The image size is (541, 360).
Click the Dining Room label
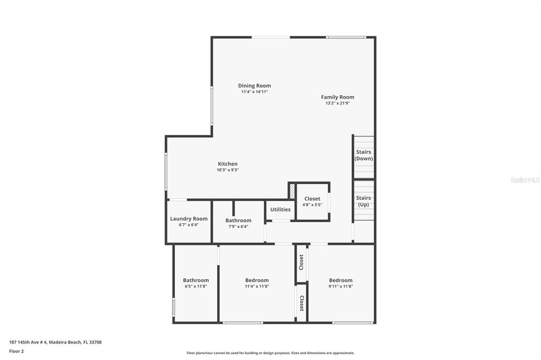(x=254, y=86)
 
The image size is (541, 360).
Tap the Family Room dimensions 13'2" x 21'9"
(x=337, y=103)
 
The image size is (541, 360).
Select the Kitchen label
(x=228, y=164)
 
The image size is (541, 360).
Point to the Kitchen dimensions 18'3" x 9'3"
(x=228, y=170)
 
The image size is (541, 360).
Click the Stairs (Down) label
(x=363, y=155)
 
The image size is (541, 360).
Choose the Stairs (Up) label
(x=363, y=201)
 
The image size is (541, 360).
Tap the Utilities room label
(x=280, y=210)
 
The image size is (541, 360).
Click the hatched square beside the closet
(x=292, y=191)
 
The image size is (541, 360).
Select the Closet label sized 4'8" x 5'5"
(x=312, y=199)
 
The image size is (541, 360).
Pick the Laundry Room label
(x=189, y=219)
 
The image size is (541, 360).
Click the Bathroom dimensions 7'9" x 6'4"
(x=238, y=226)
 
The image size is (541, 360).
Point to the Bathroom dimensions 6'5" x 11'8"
(x=196, y=286)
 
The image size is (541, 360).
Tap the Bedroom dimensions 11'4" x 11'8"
(x=257, y=286)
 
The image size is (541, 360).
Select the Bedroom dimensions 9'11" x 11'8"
(x=340, y=286)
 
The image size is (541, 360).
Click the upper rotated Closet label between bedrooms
(x=301, y=262)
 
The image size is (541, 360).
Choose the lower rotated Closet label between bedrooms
(x=301, y=304)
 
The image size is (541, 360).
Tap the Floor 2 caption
(x=16, y=351)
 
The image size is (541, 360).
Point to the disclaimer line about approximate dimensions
(x=270, y=353)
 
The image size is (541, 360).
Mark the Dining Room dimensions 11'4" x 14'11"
(x=254, y=92)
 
